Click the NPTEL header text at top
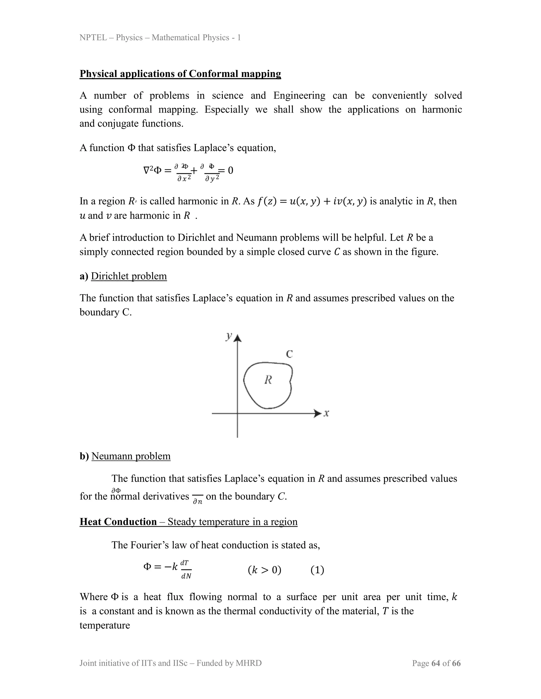coord(160,38)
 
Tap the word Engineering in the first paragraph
coord(299,95)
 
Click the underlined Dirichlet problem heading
coord(129,276)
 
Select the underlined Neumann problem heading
coord(131,456)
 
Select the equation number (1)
coord(317,570)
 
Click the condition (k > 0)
coord(264,570)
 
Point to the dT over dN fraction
coord(186,570)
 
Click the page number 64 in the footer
coord(436,663)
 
